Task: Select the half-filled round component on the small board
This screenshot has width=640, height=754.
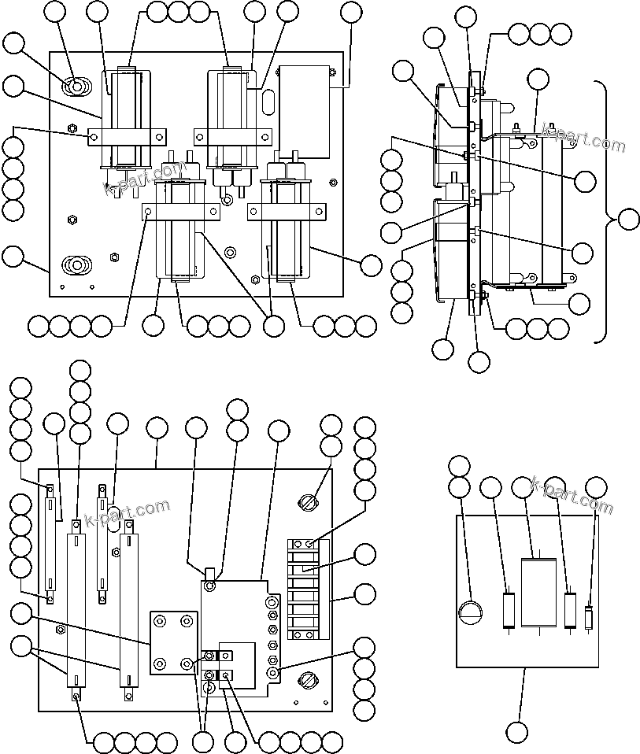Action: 471,612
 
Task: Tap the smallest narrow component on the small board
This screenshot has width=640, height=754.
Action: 588,618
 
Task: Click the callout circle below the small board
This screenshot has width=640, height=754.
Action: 517,732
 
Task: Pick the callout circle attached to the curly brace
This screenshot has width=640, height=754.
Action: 628,220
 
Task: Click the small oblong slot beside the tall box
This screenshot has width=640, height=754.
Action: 268,103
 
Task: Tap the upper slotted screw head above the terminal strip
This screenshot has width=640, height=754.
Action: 309,501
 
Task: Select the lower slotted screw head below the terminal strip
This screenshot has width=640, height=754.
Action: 309,677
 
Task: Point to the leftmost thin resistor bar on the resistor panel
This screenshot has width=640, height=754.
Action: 50,543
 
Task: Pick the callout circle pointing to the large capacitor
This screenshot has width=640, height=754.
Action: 523,488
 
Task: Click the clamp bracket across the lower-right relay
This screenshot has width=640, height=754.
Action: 287,211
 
